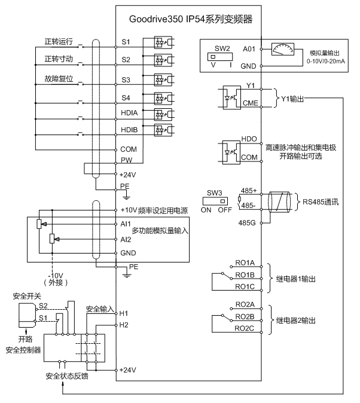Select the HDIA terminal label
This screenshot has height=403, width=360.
click(129, 113)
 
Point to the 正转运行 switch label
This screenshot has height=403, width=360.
click(59, 42)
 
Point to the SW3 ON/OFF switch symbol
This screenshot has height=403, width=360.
click(214, 201)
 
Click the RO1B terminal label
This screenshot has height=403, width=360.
click(245, 274)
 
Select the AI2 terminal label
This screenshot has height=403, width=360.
click(126, 239)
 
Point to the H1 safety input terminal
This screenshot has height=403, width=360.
click(124, 313)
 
